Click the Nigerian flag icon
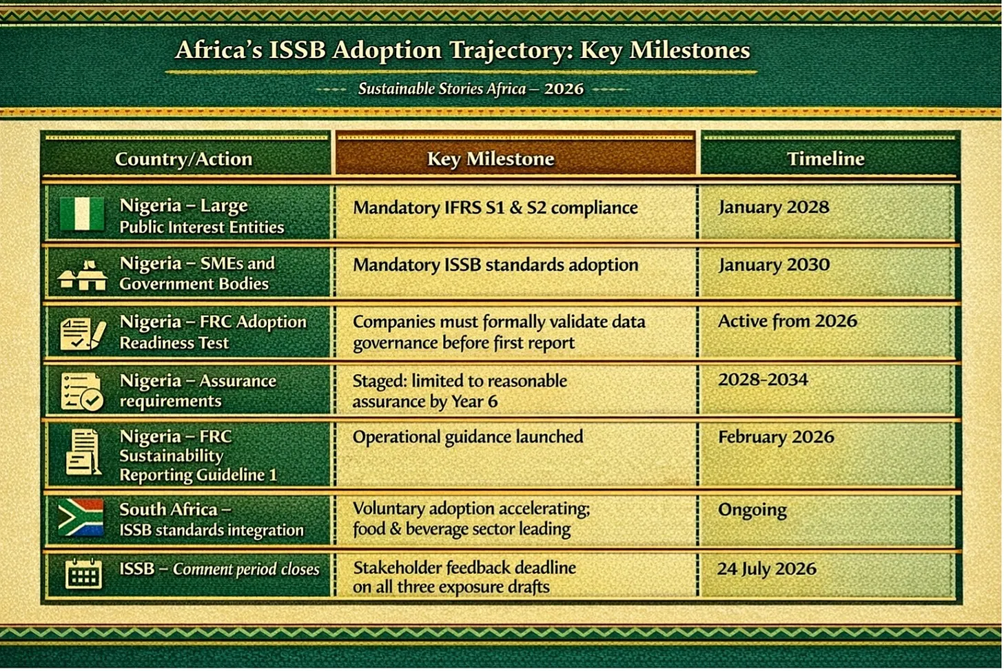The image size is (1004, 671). (x=82, y=214)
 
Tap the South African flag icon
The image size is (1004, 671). (x=81, y=517)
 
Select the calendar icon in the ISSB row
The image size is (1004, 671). (x=83, y=574)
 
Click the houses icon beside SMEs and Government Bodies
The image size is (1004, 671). (x=83, y=274)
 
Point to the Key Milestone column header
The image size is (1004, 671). (x=491, y=158)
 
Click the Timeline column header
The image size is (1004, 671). (x=826, y=158)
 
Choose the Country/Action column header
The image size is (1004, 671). (x=184, y=159)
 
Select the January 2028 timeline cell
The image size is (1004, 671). (x=774, y=207)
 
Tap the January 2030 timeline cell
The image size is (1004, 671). (x=774, y=265)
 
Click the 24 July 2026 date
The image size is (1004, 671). (x=767, y=569)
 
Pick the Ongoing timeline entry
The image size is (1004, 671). (x=752, y=510)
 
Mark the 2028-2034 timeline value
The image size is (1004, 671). (x=763, y=380)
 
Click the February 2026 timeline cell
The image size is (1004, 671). (x=776, y=437)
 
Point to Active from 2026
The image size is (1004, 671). (x=788, y=321)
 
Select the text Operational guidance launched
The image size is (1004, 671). (x=468, y=437)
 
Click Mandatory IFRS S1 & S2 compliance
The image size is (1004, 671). (x=495, y=208)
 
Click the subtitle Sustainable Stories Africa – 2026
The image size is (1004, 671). (x=471, y=89)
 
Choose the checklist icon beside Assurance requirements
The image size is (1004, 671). (x=82, y=392)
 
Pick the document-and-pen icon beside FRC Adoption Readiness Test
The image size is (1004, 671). (x=83, y=334)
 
